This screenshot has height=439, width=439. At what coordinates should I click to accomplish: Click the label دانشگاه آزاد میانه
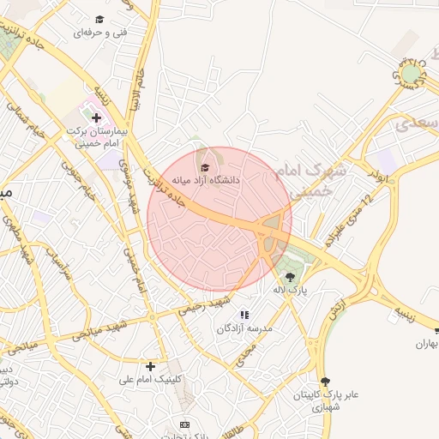coord(206,181)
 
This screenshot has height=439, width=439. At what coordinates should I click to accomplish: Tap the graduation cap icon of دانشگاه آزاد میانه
coord(204,166)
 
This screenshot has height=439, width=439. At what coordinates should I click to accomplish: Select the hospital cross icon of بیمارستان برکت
coord(96,118)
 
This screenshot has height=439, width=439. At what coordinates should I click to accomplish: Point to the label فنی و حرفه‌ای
coord(100,32)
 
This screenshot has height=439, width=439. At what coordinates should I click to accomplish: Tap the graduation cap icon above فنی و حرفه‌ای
coord(99,19)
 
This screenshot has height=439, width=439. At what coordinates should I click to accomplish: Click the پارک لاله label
coord(290,291)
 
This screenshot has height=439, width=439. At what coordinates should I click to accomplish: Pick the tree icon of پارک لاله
coord(290,276)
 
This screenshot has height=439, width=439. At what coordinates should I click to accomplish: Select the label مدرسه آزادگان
coord(244,328)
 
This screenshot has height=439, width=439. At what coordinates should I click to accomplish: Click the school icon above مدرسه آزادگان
coord(244,315)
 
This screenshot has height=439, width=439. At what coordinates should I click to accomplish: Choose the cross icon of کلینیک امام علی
coord(151,366)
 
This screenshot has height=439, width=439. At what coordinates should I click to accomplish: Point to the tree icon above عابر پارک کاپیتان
coord(324,382)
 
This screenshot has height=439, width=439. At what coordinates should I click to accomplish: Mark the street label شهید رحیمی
coord(206,304)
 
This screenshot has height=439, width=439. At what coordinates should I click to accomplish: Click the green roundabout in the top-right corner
coord(411,75)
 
